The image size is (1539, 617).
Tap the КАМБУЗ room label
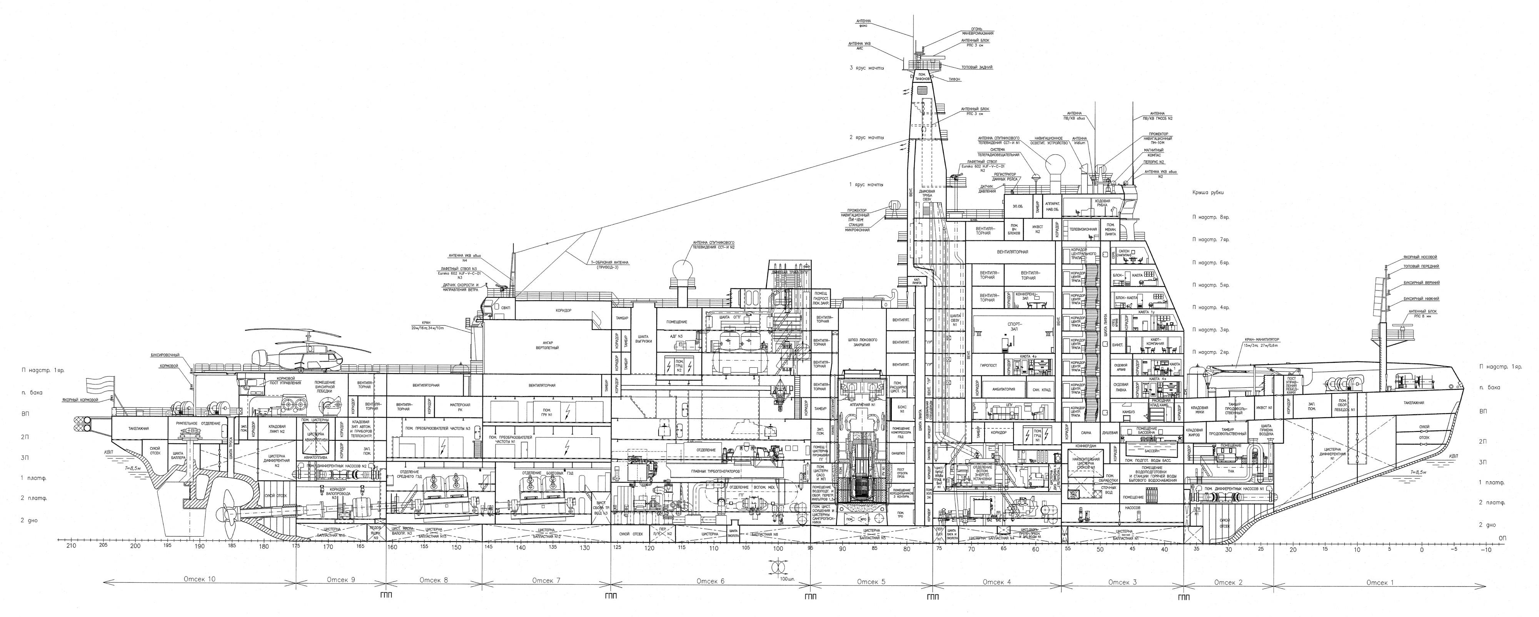(1128, 412)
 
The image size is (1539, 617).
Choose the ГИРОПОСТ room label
(989, 364)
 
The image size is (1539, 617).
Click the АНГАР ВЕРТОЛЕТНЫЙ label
(547, 345)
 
